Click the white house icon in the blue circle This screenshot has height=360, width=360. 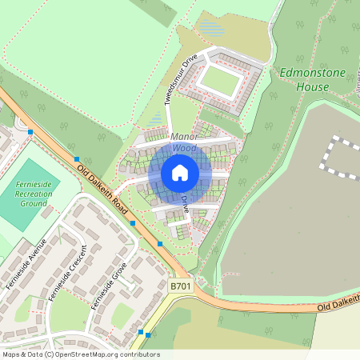(180, 172)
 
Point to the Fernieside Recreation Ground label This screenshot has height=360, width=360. (34, 193)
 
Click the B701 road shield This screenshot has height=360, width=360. (182, 285)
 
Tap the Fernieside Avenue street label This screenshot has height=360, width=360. (26, 265)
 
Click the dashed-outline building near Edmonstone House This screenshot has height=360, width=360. (341, 157)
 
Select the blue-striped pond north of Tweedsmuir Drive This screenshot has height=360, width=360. (211, 28)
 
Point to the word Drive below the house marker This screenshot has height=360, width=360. (185, 203)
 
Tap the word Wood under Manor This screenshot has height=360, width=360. (183, 149)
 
